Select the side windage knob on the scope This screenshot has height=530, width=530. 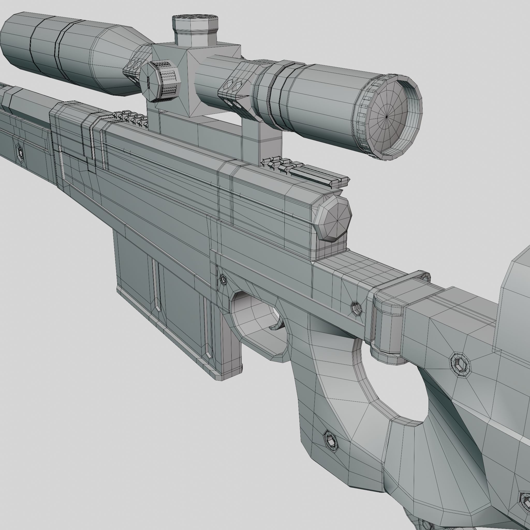pyautogui.click(x=160, y=82)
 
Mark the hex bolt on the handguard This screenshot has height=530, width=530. pyautogui.click(x=20, y=151)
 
